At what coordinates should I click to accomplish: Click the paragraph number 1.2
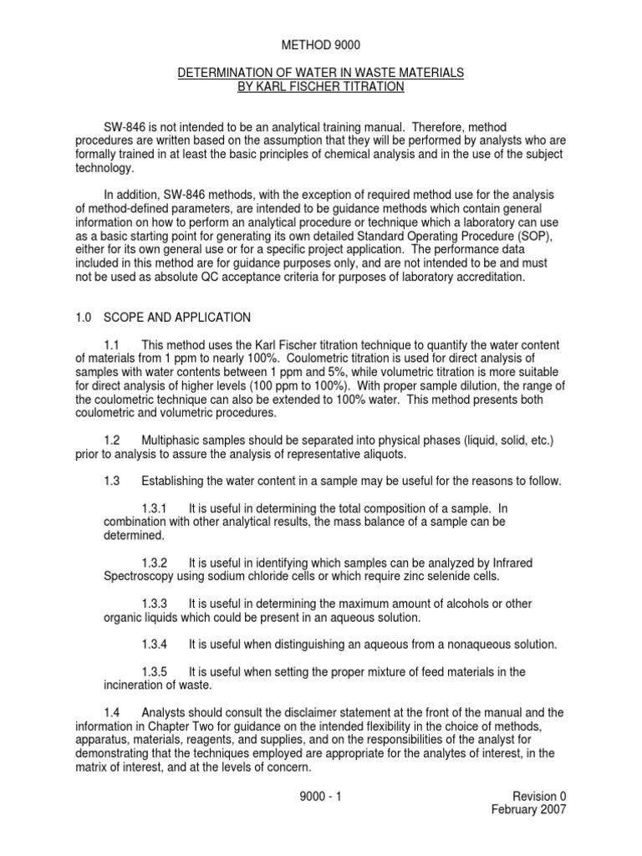[x=113, y=440]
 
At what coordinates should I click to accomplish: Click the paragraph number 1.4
[x=113, y=712]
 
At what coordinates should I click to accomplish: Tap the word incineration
[x=125, y=685]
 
